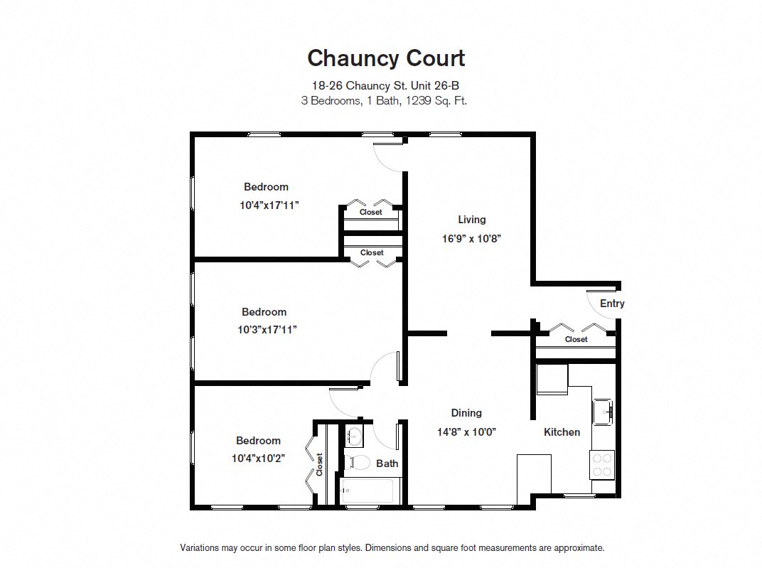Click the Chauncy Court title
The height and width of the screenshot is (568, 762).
pos(386,58)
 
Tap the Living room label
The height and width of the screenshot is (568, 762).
pos(471,220)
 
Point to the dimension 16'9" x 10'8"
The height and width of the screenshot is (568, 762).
pos(472,239)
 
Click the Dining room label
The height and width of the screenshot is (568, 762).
pos(466,413)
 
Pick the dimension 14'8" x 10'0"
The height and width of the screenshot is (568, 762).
pos(466,432)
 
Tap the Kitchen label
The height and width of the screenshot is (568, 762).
pos(562,432)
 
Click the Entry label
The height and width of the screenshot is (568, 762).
pos(612,304)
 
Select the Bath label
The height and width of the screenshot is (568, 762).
pos(387,463)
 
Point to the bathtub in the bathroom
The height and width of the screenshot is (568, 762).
pos(367,491)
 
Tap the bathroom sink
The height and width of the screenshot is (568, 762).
pos(354,435)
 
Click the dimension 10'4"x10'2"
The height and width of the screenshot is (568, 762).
pos(258,459)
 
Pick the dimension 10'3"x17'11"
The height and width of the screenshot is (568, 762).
pos(264,330)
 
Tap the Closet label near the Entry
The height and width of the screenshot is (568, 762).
pos(576,340)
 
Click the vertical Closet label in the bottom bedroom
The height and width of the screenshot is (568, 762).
pos(320,464)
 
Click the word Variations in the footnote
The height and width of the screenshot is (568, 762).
pos(200,548)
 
